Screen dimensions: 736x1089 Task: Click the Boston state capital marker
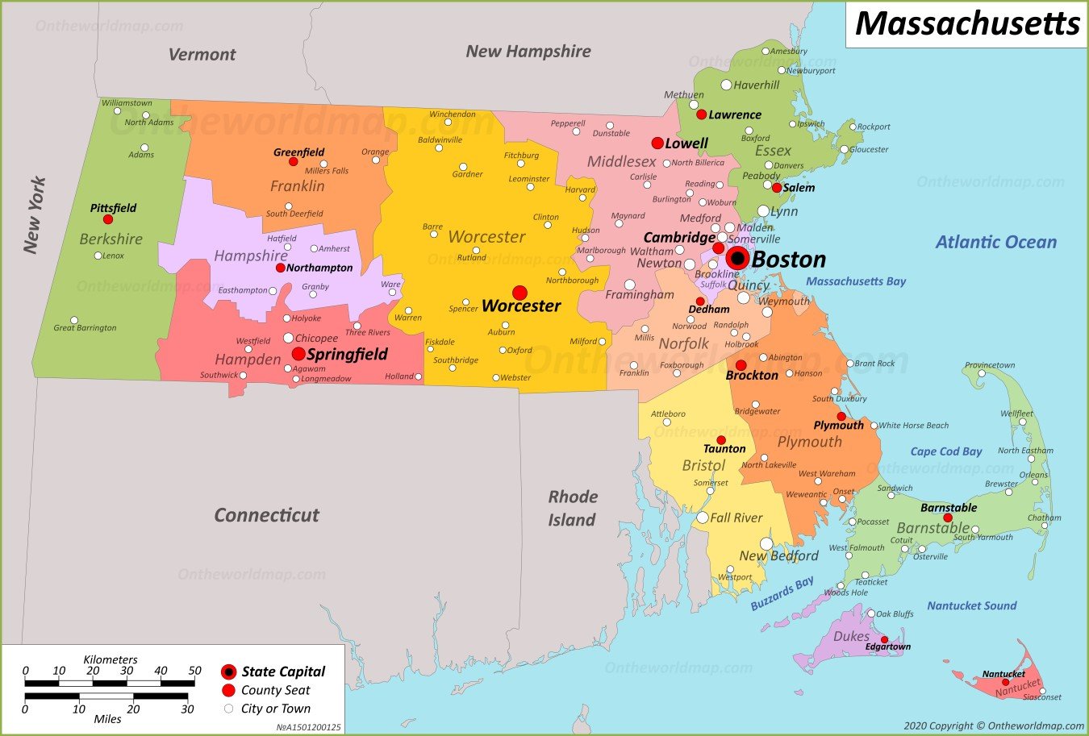pyautogui.click(x=736, y=258)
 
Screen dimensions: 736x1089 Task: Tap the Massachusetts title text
pyautogui.click(x=966, y=23)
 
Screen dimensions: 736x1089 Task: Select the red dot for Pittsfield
pyautogui.click(x=107, y=219)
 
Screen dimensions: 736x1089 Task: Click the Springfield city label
pyautogui.click(x=347, y=354)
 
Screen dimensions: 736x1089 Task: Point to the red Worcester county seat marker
pyautogui.click(x=519, y=293)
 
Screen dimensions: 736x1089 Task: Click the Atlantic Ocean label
pyautogui.click(x=995, y=242)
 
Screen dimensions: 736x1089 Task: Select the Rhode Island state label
pyautogui.click(x=573, y=508)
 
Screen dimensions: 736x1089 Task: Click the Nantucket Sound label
pyautogui.click(x=971, y=605)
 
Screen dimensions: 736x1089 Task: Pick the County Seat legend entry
pyautogui.click(x=275, y=690)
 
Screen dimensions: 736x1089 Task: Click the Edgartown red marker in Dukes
pyautogui.click(x=884, y=639)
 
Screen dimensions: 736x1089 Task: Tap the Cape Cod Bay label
pyautogui.click(x=945, y=451)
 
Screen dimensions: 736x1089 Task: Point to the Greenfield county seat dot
pyautogui.click(x=293, y=162)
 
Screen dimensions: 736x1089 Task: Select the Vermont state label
pyautogui.click(x=202, y=54)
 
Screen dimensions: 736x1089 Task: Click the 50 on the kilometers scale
pyautogui.click(x=194, y=670)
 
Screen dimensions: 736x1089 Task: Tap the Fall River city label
pyautogui.click(x=736, y=518)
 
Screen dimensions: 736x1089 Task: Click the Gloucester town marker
pyautogui.click(x=844, y=149)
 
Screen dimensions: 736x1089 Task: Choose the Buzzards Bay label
pyautogui.click(x=782, y=593)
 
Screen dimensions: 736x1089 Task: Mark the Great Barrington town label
pyautogui.click(x=85, y=328)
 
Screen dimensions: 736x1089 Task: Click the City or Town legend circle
pyautogui.click(x=228, y=709)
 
